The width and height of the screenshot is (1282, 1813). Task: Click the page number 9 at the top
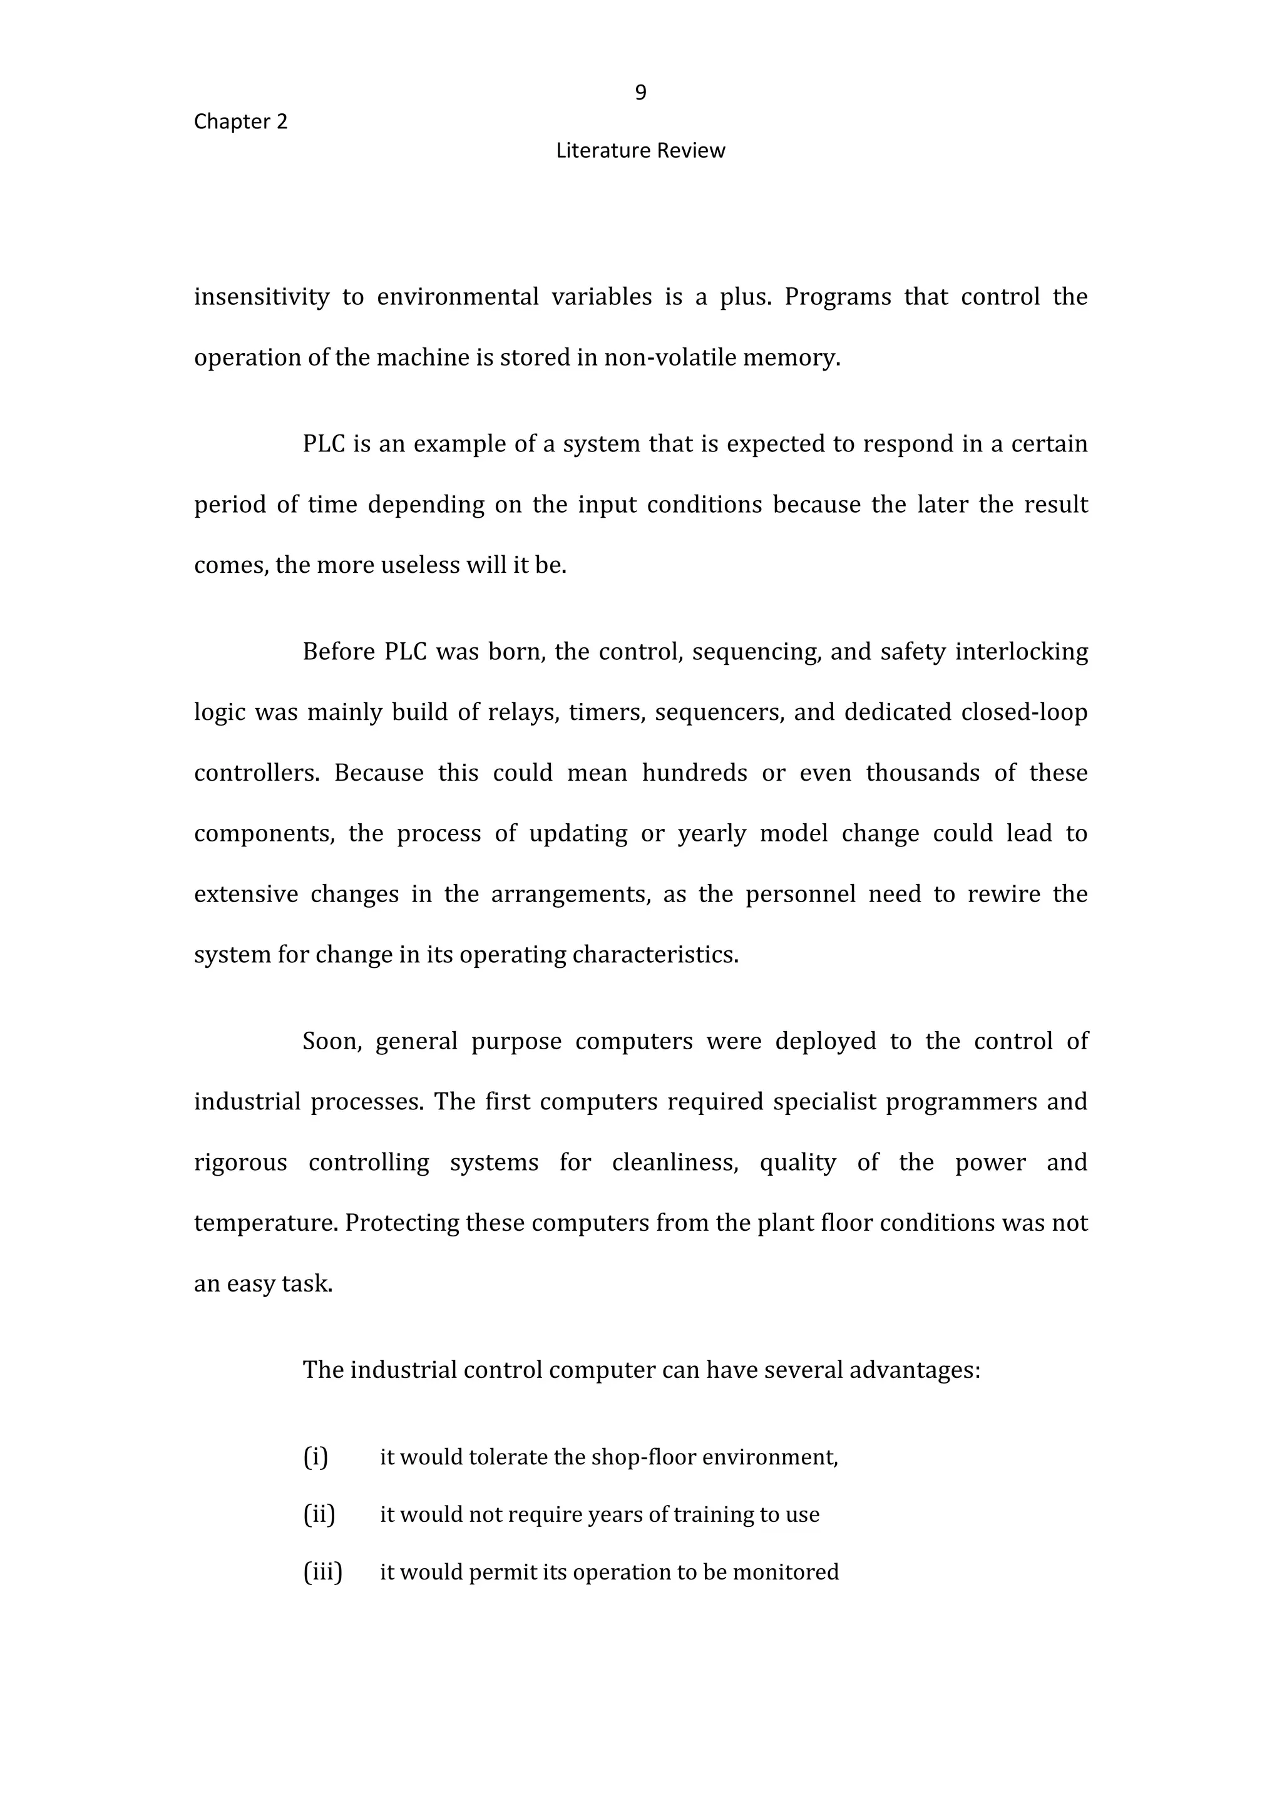(640, 93)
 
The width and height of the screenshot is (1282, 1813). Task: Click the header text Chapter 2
(241, 121)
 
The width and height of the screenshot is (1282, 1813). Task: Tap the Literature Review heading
(640, 151)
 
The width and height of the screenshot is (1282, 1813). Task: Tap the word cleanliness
(675, 1163)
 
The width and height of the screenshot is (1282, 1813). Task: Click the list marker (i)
(315, 1456)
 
